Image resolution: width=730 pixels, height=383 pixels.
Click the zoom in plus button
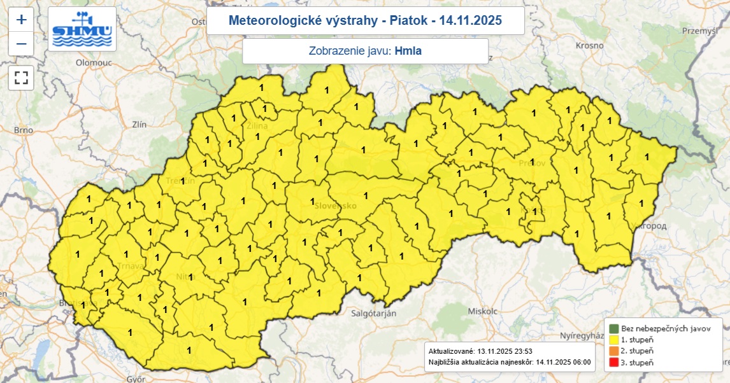click(21, 19)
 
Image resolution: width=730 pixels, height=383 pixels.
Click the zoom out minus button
click(21, 43)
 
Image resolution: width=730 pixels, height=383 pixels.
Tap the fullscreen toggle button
click(21, 78)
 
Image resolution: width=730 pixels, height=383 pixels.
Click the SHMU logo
click(82, 29)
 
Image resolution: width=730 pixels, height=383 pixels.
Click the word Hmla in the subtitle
click(408, 51)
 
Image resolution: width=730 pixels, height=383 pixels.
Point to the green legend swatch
click(613, 329)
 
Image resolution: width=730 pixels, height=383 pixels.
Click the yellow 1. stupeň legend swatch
click(613, 340)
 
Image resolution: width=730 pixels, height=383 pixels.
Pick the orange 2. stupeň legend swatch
click(613, 351)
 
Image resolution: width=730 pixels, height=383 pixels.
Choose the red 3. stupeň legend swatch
click(613, 362)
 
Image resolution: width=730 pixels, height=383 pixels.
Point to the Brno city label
click(24, 130)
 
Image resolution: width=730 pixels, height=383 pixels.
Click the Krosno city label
click(589, 46)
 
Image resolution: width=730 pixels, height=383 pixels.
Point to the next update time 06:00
click(580, 362)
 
